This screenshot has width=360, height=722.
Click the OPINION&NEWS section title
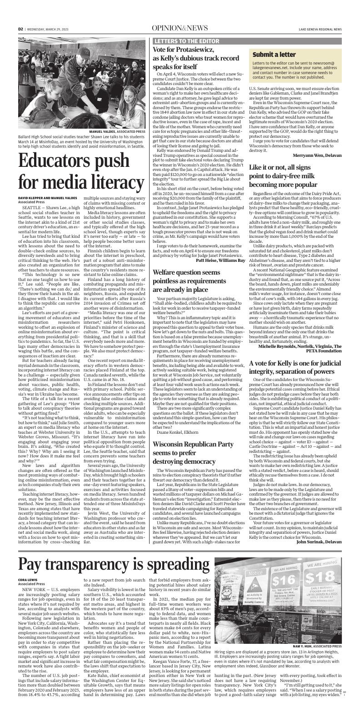(x=180, y=28)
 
